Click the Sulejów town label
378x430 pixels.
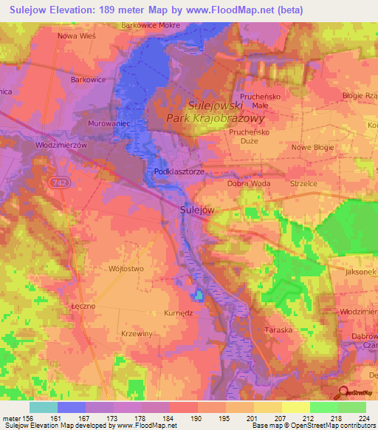pyautogui.click(x=198, y=210)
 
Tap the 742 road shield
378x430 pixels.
pyautogui.click(x=59, y=181)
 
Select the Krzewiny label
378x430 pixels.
pyautogui.click(x=136, y=333)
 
